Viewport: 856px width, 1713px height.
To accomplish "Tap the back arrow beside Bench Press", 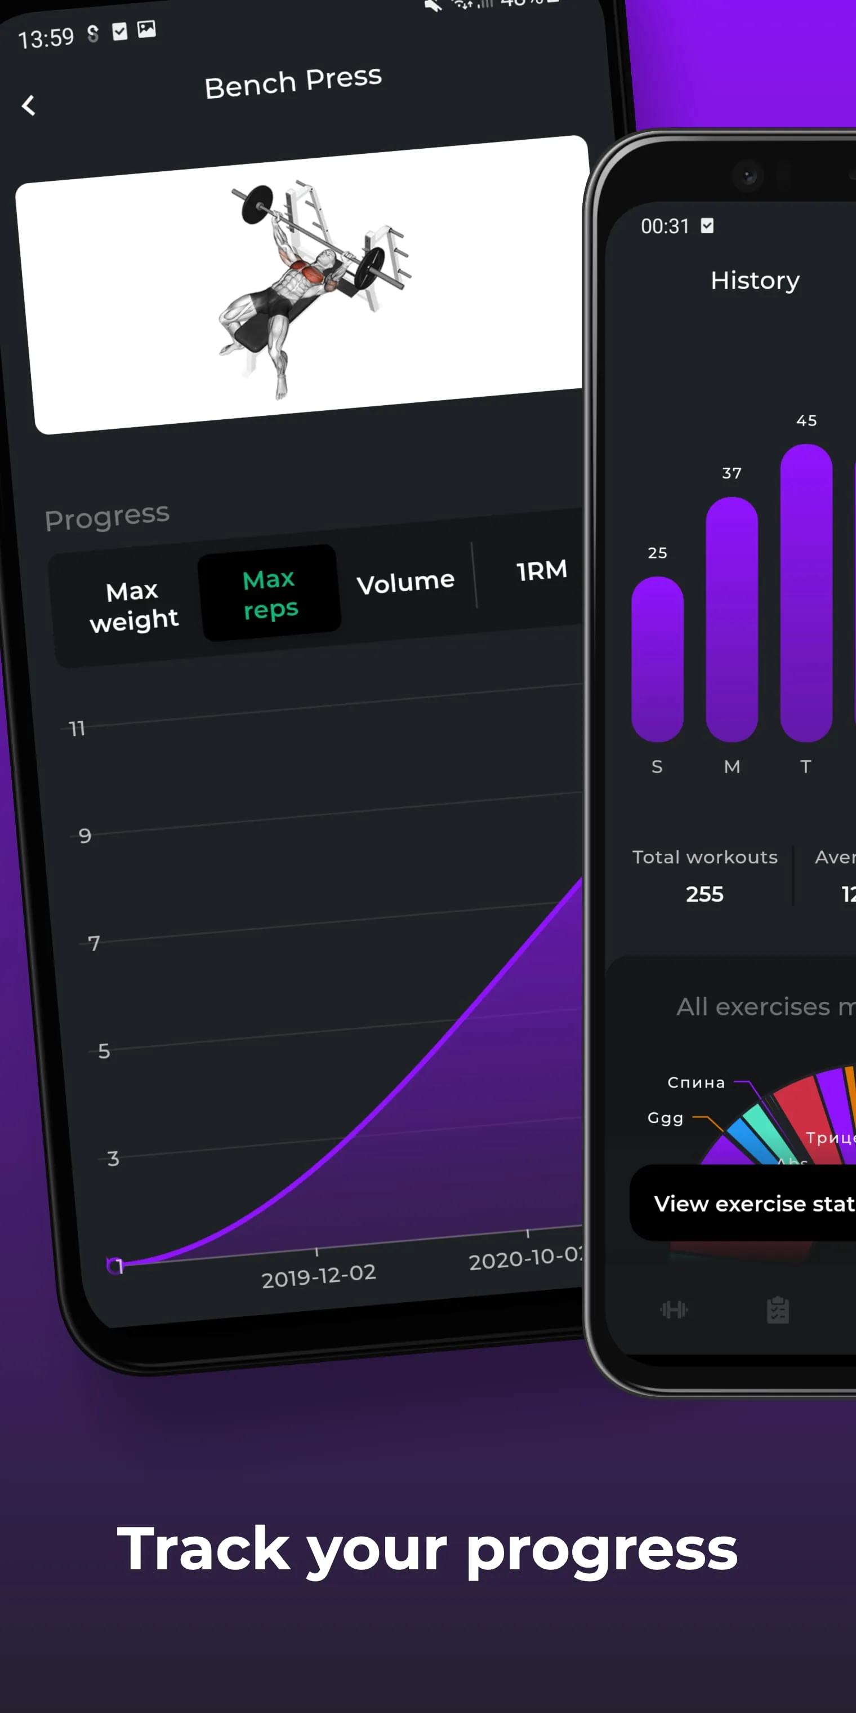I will tap(28, 105).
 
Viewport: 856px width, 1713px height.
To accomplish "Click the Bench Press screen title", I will tap(293, 82).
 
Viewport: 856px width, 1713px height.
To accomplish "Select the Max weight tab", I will tap(133, 606).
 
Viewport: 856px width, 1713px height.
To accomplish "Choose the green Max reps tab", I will tap(270, 593).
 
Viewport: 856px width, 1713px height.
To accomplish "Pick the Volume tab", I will tap(405, 583).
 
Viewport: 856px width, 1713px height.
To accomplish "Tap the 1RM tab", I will tap(542, 571).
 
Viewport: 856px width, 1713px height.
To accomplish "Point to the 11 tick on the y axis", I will tap(77, 729).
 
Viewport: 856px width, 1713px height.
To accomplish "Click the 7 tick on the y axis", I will tap(93, 943).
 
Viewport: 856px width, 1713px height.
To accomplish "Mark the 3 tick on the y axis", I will tap(113, 1159).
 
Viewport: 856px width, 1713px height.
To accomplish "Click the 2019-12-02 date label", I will tap(318, 1275).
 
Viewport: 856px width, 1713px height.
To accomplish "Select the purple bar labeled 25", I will tap(657, 658).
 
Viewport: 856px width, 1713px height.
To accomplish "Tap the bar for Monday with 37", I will tap(731, 619).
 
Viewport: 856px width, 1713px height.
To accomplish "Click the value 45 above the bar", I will tap(806, 421).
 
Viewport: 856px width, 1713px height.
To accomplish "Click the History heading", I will tap(755, 281).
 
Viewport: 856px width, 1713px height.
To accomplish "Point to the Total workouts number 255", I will tap(705, 894).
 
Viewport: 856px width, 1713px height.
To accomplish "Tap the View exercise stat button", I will tap(751, 1203).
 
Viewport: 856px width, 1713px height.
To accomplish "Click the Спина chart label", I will tap(696, 1082).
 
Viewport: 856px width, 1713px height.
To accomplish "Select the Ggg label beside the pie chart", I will tap(665, 1118).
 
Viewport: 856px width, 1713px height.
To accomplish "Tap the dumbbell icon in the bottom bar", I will tap(673, 1310).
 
